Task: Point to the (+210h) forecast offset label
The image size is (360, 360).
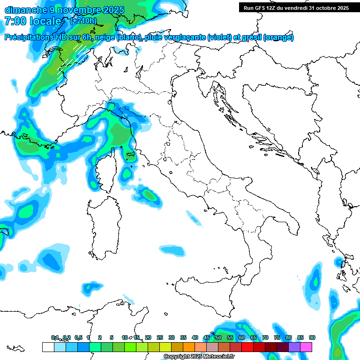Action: (x=83, y=21)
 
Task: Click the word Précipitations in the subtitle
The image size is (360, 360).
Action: (x=29, y=37)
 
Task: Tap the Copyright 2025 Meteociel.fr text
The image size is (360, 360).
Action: (x=199, y=357)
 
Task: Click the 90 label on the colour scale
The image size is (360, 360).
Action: (x=312, y=337)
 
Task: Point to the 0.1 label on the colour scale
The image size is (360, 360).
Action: (x=55, y=337)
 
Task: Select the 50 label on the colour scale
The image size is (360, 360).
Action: (x=218, y=337)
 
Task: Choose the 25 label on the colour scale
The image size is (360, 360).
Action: (x=159, y=337)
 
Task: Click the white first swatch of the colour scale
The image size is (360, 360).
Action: (x=48, y=347)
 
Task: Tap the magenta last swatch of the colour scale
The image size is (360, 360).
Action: (x=306, y=347)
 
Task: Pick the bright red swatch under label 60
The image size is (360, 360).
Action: (x=247, y=347)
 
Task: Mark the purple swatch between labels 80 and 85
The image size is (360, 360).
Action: (x=294, y=347)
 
